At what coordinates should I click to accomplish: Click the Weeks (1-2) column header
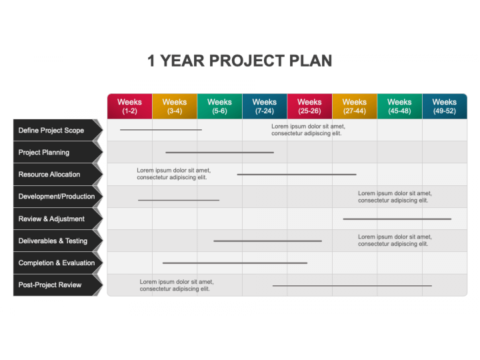129,106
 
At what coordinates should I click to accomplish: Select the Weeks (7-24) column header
265,106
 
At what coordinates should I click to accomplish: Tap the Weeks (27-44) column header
355,106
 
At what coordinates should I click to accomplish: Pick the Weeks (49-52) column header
445,106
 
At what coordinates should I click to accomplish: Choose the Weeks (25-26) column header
309,106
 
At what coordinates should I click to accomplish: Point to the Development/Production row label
57,197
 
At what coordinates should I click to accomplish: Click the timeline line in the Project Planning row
219,153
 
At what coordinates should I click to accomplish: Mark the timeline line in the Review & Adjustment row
397,219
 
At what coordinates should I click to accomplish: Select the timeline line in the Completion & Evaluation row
235,263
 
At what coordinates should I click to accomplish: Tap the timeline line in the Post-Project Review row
352,285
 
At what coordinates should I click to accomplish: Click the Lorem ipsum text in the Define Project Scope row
308,130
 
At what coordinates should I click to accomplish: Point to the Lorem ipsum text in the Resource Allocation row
173,174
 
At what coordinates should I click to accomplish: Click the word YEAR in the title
183,61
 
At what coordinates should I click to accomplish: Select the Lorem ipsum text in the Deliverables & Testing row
395,240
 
